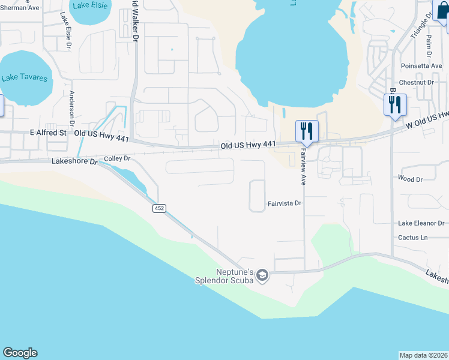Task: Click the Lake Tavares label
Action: [25, 78]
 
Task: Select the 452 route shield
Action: [159, 208]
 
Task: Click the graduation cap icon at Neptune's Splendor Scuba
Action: [262, 275]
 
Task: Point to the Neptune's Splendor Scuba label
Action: [229, 275]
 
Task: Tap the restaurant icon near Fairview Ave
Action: [307, 131]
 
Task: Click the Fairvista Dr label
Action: [284, 204]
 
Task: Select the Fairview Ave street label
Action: [303, 167]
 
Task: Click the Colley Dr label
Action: [117, 158]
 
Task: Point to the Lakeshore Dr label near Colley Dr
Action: [74, 161]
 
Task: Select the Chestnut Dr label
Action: [416, 82]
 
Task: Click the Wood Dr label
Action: [411, 179]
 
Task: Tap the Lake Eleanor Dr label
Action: [421, 223]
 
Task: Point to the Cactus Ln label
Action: [412, 238]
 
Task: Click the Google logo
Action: [20, 353]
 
